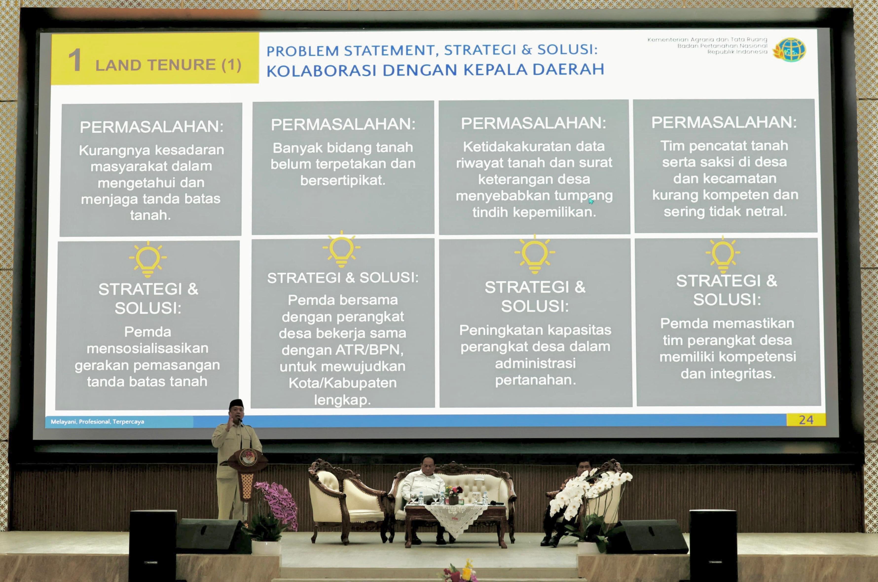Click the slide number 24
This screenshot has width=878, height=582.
806,420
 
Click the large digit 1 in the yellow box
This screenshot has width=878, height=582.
75,60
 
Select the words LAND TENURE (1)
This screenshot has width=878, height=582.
168,65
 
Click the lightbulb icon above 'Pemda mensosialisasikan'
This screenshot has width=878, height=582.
148,259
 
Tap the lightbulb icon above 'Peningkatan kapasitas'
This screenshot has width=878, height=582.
535,254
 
